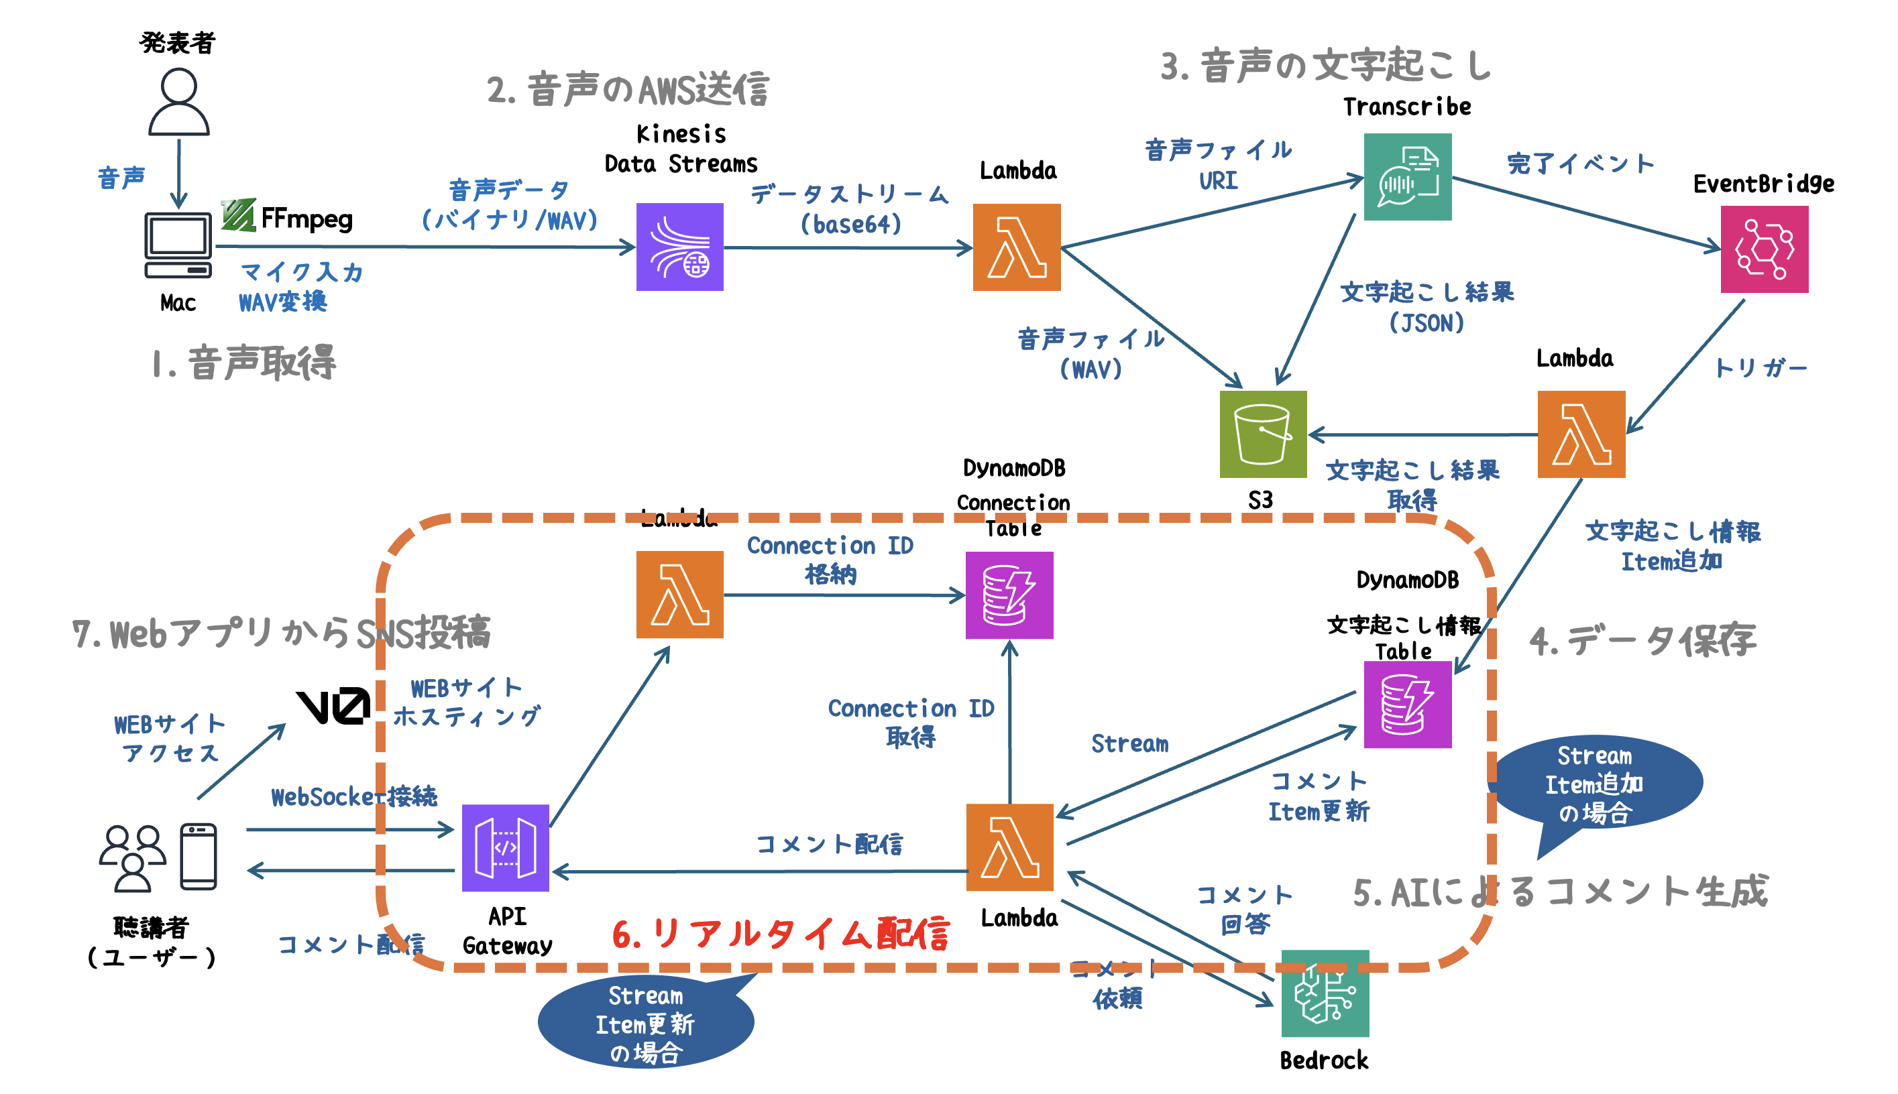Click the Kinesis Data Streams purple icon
click(679, 247)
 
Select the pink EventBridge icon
click(1763, 249)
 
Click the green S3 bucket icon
click(1263, 434)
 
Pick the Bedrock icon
click(1325, 993)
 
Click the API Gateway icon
click(505, 847)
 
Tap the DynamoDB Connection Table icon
click(1009, 595)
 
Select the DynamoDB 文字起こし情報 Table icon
click(1407, 704)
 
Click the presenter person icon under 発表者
click(178, 102)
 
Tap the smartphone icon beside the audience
click(199, 857)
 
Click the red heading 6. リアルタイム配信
click(780, 934)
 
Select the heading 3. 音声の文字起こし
click(1326, 66)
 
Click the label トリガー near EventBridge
click(1760, 367)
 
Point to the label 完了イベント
click(1580, 163)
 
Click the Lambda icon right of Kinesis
click(1016, 247)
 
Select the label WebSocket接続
click(353, 796)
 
